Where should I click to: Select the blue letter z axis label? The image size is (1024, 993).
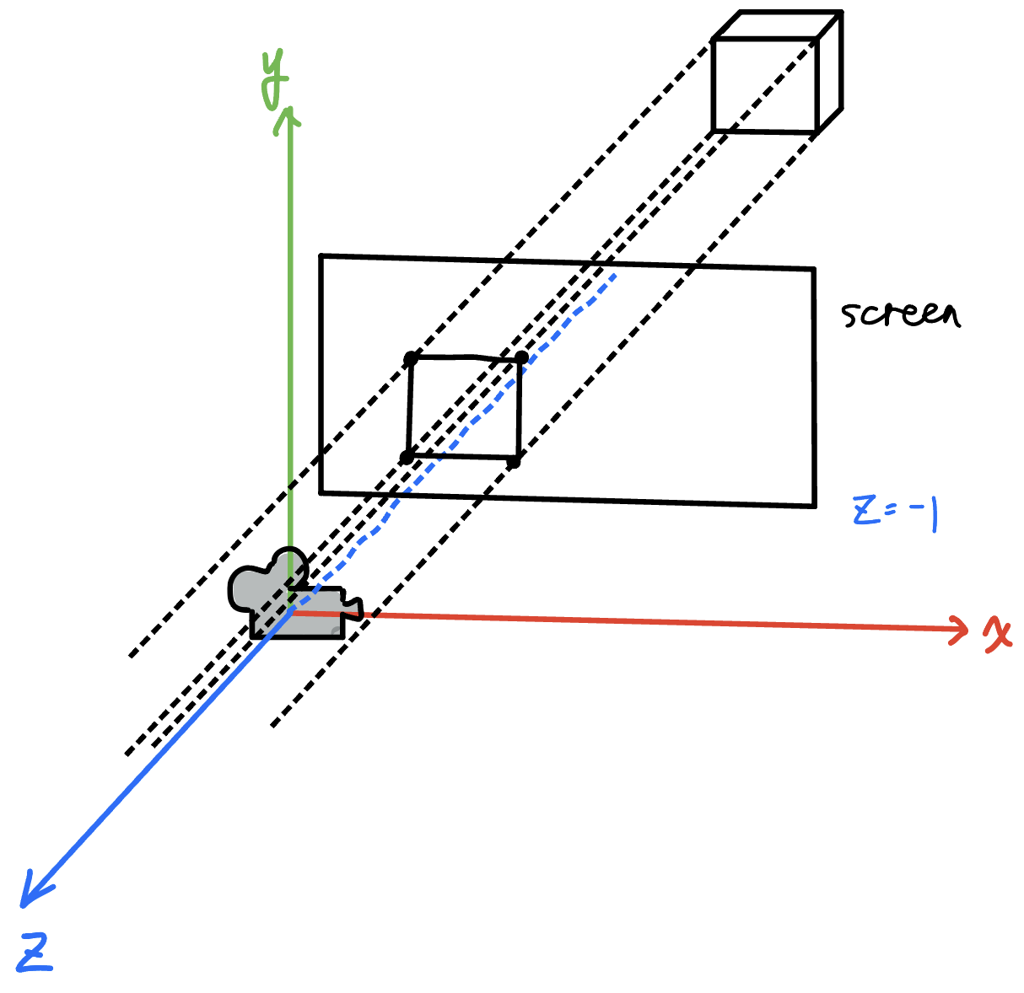tap(35, 954)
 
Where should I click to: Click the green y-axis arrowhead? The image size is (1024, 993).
tap(290, 118)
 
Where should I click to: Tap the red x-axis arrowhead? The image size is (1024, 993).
tap(960, 628)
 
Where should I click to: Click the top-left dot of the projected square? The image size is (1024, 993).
tap(411, 359)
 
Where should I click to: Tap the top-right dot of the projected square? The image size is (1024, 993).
tap(521, 359)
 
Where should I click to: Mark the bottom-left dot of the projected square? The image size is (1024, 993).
tap(407, 457)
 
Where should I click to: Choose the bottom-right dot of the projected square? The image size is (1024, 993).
tap(514, 461)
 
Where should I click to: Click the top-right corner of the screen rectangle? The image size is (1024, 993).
tap(813, 270)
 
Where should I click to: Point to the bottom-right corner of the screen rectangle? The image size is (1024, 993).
tap(814, 506)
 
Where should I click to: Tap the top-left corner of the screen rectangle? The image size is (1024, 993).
tap(321, 256)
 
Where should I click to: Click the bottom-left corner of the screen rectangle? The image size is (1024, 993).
tap(321, 491)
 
